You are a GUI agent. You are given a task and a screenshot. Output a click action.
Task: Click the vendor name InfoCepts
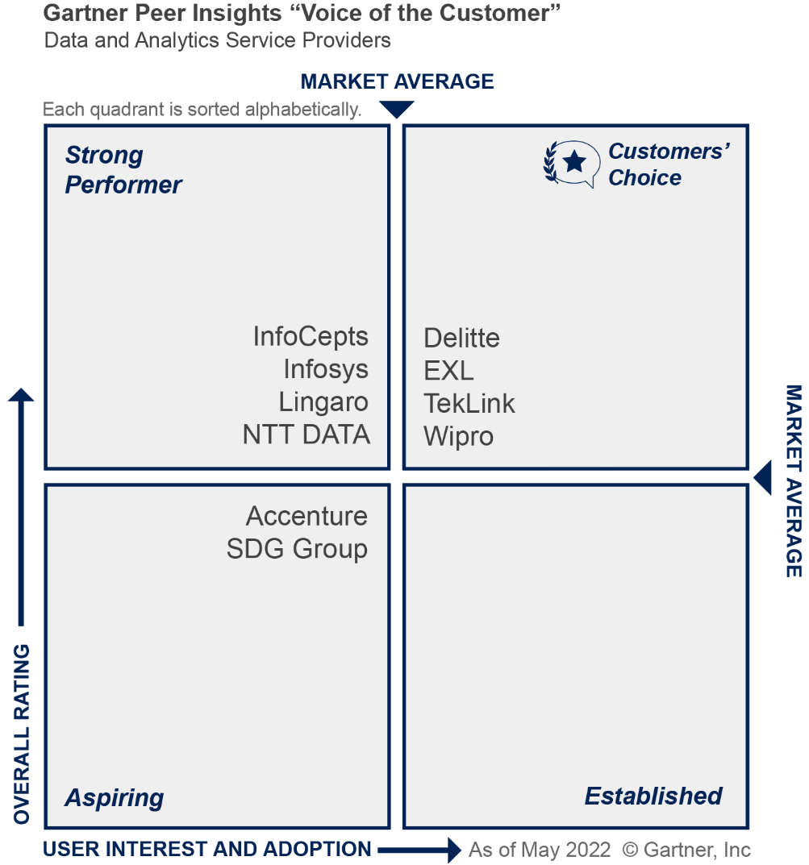[311, 336]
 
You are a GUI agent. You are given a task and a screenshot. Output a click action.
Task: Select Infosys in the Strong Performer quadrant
[326, 369]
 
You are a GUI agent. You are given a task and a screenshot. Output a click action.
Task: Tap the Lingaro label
[323, 401]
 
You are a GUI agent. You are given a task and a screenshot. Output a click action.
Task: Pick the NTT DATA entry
[307, 435]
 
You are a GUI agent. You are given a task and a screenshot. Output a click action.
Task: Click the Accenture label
[307, 516]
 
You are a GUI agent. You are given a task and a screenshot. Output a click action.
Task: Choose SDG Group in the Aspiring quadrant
[297, 549]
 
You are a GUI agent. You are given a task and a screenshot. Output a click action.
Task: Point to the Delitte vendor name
[462, 338]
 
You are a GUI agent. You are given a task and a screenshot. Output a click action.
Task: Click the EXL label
[448, 371]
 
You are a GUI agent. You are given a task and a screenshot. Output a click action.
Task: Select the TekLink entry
[469, 403]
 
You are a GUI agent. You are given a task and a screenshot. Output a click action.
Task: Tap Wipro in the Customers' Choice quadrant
[459, 436]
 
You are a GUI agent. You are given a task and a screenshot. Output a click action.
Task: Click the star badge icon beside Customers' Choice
[572, 163]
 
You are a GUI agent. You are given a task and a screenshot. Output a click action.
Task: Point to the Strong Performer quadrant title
[123, 170]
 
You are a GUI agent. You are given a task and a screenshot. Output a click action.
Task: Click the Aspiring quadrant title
[115, 798]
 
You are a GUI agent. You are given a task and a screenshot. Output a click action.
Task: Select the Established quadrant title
[653, 796]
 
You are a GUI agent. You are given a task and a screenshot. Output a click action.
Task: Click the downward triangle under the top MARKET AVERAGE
[396, 109]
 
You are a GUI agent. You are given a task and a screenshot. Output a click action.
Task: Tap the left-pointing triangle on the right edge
[763, 477]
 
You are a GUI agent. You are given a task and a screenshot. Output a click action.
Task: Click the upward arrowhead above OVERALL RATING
[22, 395]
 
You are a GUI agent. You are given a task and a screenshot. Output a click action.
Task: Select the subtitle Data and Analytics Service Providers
[218, 40]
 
